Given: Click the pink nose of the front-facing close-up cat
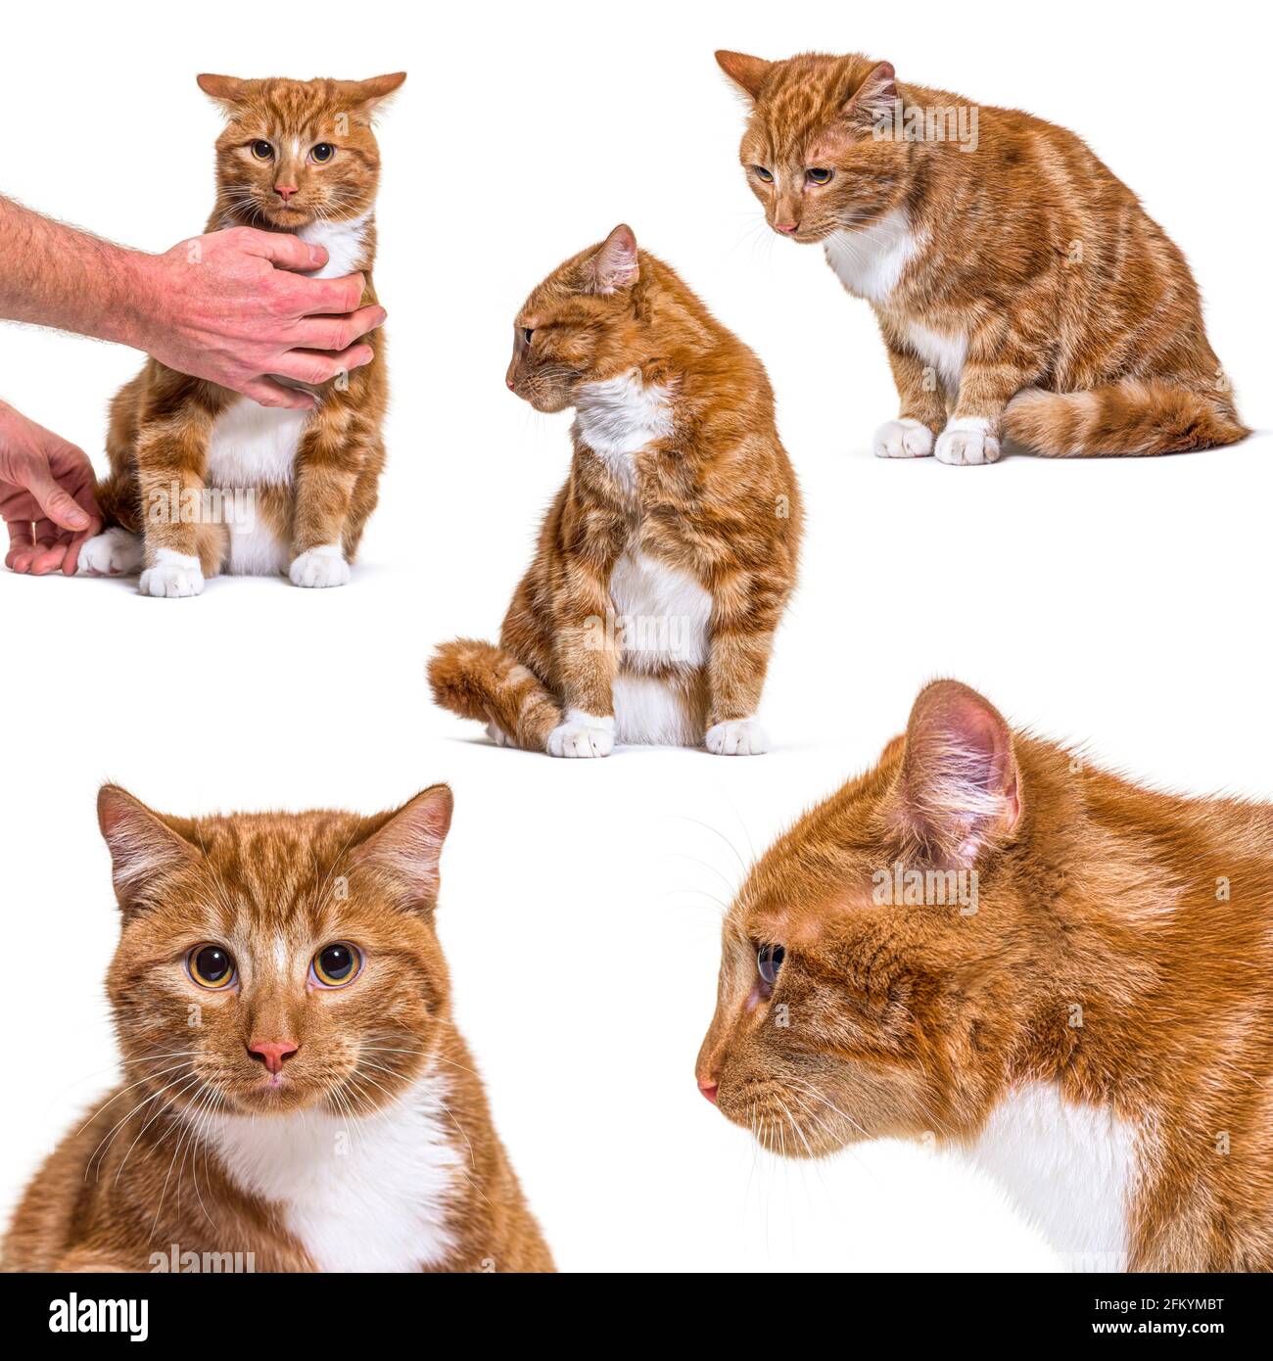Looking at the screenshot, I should coord(272,1054).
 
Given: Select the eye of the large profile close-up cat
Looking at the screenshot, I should coord(770,963).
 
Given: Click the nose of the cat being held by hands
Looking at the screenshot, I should coord(285,191).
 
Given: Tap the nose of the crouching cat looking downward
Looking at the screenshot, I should coord(784,227).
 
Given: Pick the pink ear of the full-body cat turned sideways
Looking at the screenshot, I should coord(617,259).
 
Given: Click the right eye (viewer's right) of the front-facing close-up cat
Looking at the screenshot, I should coord(336,962).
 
